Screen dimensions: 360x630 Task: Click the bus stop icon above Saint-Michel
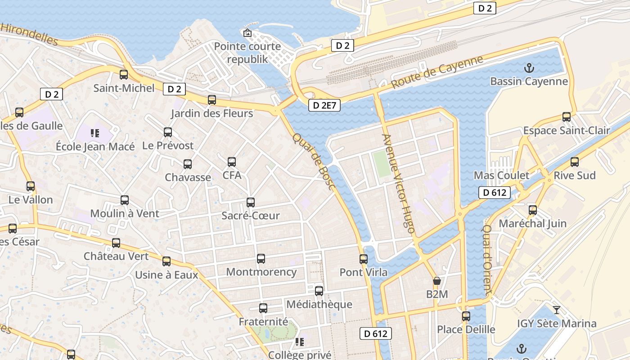point(124,75)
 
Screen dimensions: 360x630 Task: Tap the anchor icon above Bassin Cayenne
point(529,68)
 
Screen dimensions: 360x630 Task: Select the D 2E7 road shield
point(324,105)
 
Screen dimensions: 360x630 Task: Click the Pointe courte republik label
point(247,53)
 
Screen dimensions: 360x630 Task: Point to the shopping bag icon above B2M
point(436,281)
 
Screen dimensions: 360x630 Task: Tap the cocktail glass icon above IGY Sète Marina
point(557,310)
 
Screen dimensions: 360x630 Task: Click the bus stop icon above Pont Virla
point(364,259)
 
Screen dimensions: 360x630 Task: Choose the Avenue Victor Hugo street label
point(397,183)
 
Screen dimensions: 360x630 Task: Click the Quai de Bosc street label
point(314,161)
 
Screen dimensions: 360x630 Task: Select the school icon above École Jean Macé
point(94,133)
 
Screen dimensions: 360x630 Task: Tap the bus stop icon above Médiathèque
point(319,291)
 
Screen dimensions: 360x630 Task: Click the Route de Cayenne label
point(436,72)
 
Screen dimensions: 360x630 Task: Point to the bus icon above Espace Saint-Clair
point(567,117)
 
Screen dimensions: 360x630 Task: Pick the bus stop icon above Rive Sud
point(575,162)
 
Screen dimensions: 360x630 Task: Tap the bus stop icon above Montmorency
point(261,259)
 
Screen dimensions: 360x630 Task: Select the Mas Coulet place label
point(502,175)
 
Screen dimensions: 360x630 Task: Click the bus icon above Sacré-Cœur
point(251,202)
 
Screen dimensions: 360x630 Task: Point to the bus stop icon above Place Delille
point(466,316)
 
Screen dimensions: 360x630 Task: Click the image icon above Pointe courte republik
point(247,33)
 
